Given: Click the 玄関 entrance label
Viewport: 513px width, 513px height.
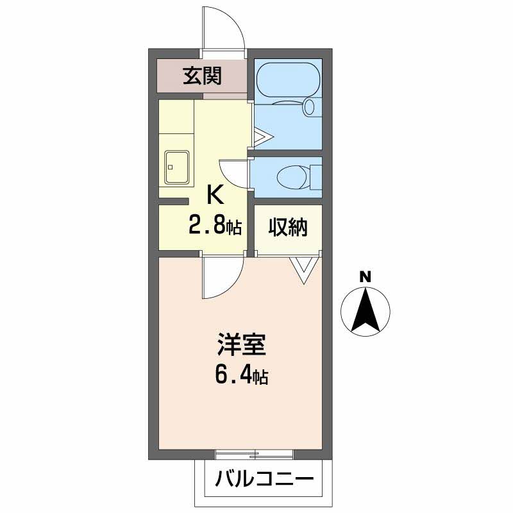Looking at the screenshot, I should click(x=202, y=76).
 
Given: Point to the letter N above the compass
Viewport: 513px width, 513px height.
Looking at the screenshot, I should click(x=365, y=277).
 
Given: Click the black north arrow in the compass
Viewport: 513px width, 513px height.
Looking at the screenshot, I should click(x=365, y=311).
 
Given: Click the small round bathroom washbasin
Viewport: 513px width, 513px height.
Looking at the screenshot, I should click(x=310, y=106).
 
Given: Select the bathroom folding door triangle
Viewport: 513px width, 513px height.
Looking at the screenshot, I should click(x=262, y=136).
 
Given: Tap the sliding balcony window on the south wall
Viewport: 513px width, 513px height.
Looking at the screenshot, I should click(x=255, y=455).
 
